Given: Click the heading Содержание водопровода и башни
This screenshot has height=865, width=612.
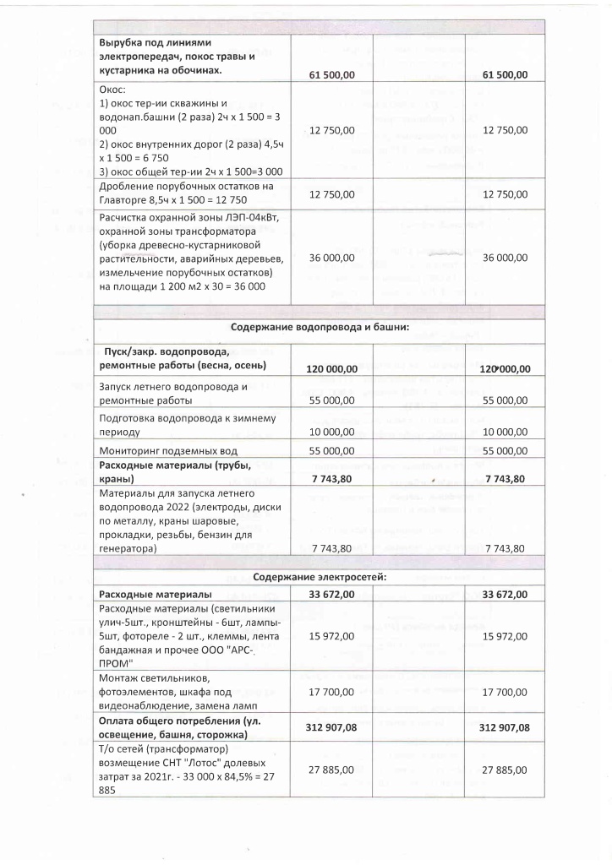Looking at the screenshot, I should tap(320, 329).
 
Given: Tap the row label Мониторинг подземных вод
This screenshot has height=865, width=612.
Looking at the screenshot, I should tap(168, 451).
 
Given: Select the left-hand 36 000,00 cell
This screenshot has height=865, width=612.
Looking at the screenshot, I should tap(332, 258).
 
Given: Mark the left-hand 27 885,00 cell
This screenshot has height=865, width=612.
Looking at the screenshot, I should tap(332, 770).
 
